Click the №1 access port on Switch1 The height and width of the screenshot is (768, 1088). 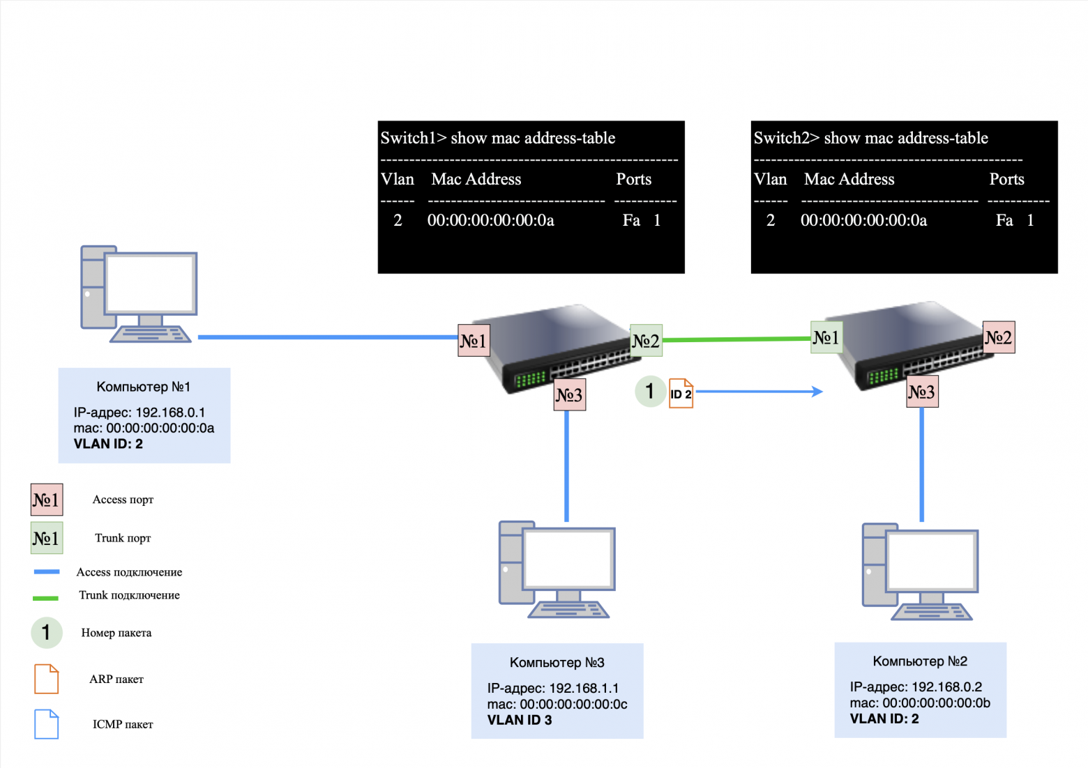(x=474, y=341)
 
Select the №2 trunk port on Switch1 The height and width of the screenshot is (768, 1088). (x=646, y=341)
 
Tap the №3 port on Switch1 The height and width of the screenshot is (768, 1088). (x=569, y=395)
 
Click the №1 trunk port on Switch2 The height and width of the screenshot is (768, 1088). (x=826, y=337)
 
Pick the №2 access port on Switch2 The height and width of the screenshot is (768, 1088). (x=998, y=337)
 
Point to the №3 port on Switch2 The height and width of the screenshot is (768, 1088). (x=921, y=392)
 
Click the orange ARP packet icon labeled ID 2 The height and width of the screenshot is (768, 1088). (x=681, y=393)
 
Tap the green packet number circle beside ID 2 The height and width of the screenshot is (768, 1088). (x=649, y=391)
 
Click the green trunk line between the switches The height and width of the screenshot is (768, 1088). (x=736, y=339)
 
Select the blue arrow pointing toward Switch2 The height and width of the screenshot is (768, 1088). (x=760, y=392)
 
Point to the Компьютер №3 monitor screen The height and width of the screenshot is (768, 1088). (x=568, y=558)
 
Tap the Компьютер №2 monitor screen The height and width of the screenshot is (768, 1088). (x=931, y=561)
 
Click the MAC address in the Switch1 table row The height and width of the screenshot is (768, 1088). (x=490, y=221)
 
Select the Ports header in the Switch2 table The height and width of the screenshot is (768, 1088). (x=1006, y=180)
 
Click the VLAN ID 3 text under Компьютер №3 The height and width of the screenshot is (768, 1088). (x=520, y=720)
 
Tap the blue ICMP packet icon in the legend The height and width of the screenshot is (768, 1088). (x=46, y=724)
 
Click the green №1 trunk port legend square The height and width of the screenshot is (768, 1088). (x=47, y=538)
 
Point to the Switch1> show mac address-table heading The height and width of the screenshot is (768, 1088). (x=497, y=138)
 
